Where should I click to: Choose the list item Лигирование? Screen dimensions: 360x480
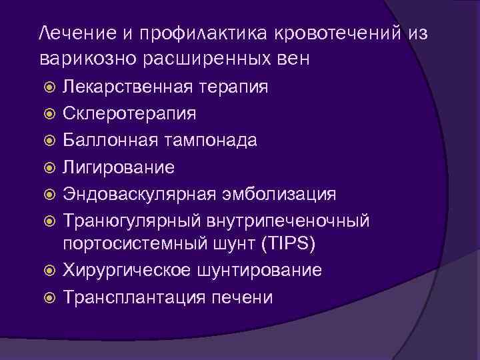pos(119,167)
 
